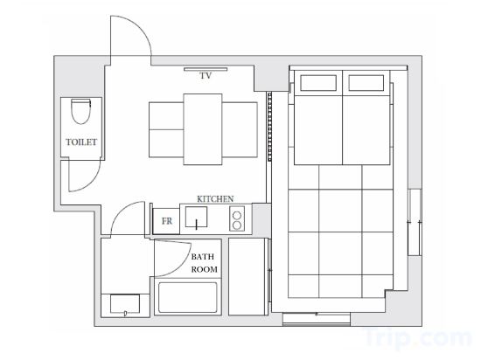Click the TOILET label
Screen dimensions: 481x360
coord(81,142)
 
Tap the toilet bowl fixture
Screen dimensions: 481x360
coord(81,111)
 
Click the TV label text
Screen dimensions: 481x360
coord(206,76)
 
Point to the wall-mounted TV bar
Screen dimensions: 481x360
coord(206,69)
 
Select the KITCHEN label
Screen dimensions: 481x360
coord(215,199)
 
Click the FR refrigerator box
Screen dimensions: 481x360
coord(166,221)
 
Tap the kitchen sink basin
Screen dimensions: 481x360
coord(196,217)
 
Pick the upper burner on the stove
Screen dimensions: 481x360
coord(237,216)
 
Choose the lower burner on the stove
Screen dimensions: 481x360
coord(237,225)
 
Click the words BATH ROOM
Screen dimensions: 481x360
coord(204,263)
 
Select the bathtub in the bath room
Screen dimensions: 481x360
coord(188,298)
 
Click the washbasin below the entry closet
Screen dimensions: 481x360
coord(125,303)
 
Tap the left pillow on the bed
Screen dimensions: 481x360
coord(318,83)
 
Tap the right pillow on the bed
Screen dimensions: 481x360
coord(366,83)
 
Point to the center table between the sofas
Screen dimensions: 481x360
coord(203,129)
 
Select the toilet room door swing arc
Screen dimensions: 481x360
coord(90,183)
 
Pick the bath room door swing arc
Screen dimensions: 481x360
coord(182,266)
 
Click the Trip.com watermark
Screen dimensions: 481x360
coord(418,337)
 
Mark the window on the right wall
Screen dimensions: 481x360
coord(415,223)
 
